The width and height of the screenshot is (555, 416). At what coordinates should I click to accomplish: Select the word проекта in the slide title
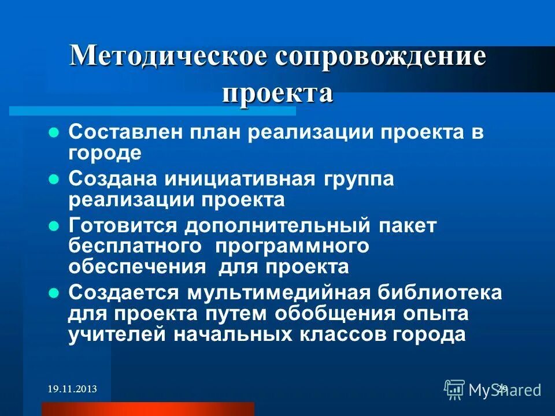click(277, 92)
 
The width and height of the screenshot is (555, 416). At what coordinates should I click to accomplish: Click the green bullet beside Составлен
click(54, 132)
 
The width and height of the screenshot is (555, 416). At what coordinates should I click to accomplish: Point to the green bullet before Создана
click(54, 179)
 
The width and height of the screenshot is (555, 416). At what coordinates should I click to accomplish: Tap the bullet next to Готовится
click(54, 226)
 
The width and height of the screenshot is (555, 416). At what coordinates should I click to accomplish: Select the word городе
click(105, 153)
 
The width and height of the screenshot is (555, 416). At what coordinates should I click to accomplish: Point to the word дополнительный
click(280, 226)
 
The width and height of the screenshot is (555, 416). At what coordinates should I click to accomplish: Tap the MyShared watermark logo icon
click(454, 389)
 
